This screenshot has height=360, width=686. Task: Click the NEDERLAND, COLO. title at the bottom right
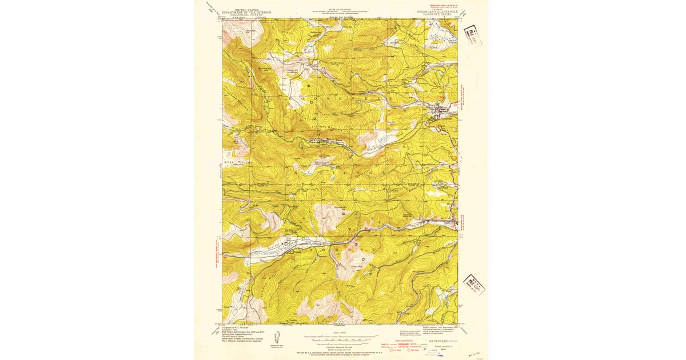[443, 341]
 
